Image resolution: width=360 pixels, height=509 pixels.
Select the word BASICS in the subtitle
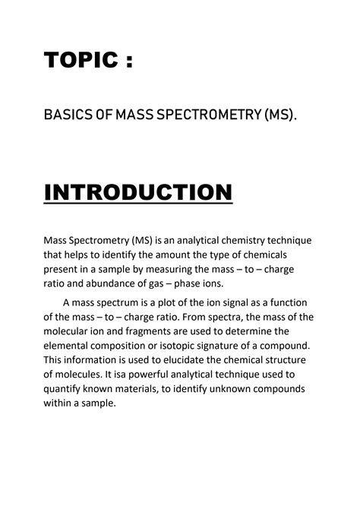point(68,115)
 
